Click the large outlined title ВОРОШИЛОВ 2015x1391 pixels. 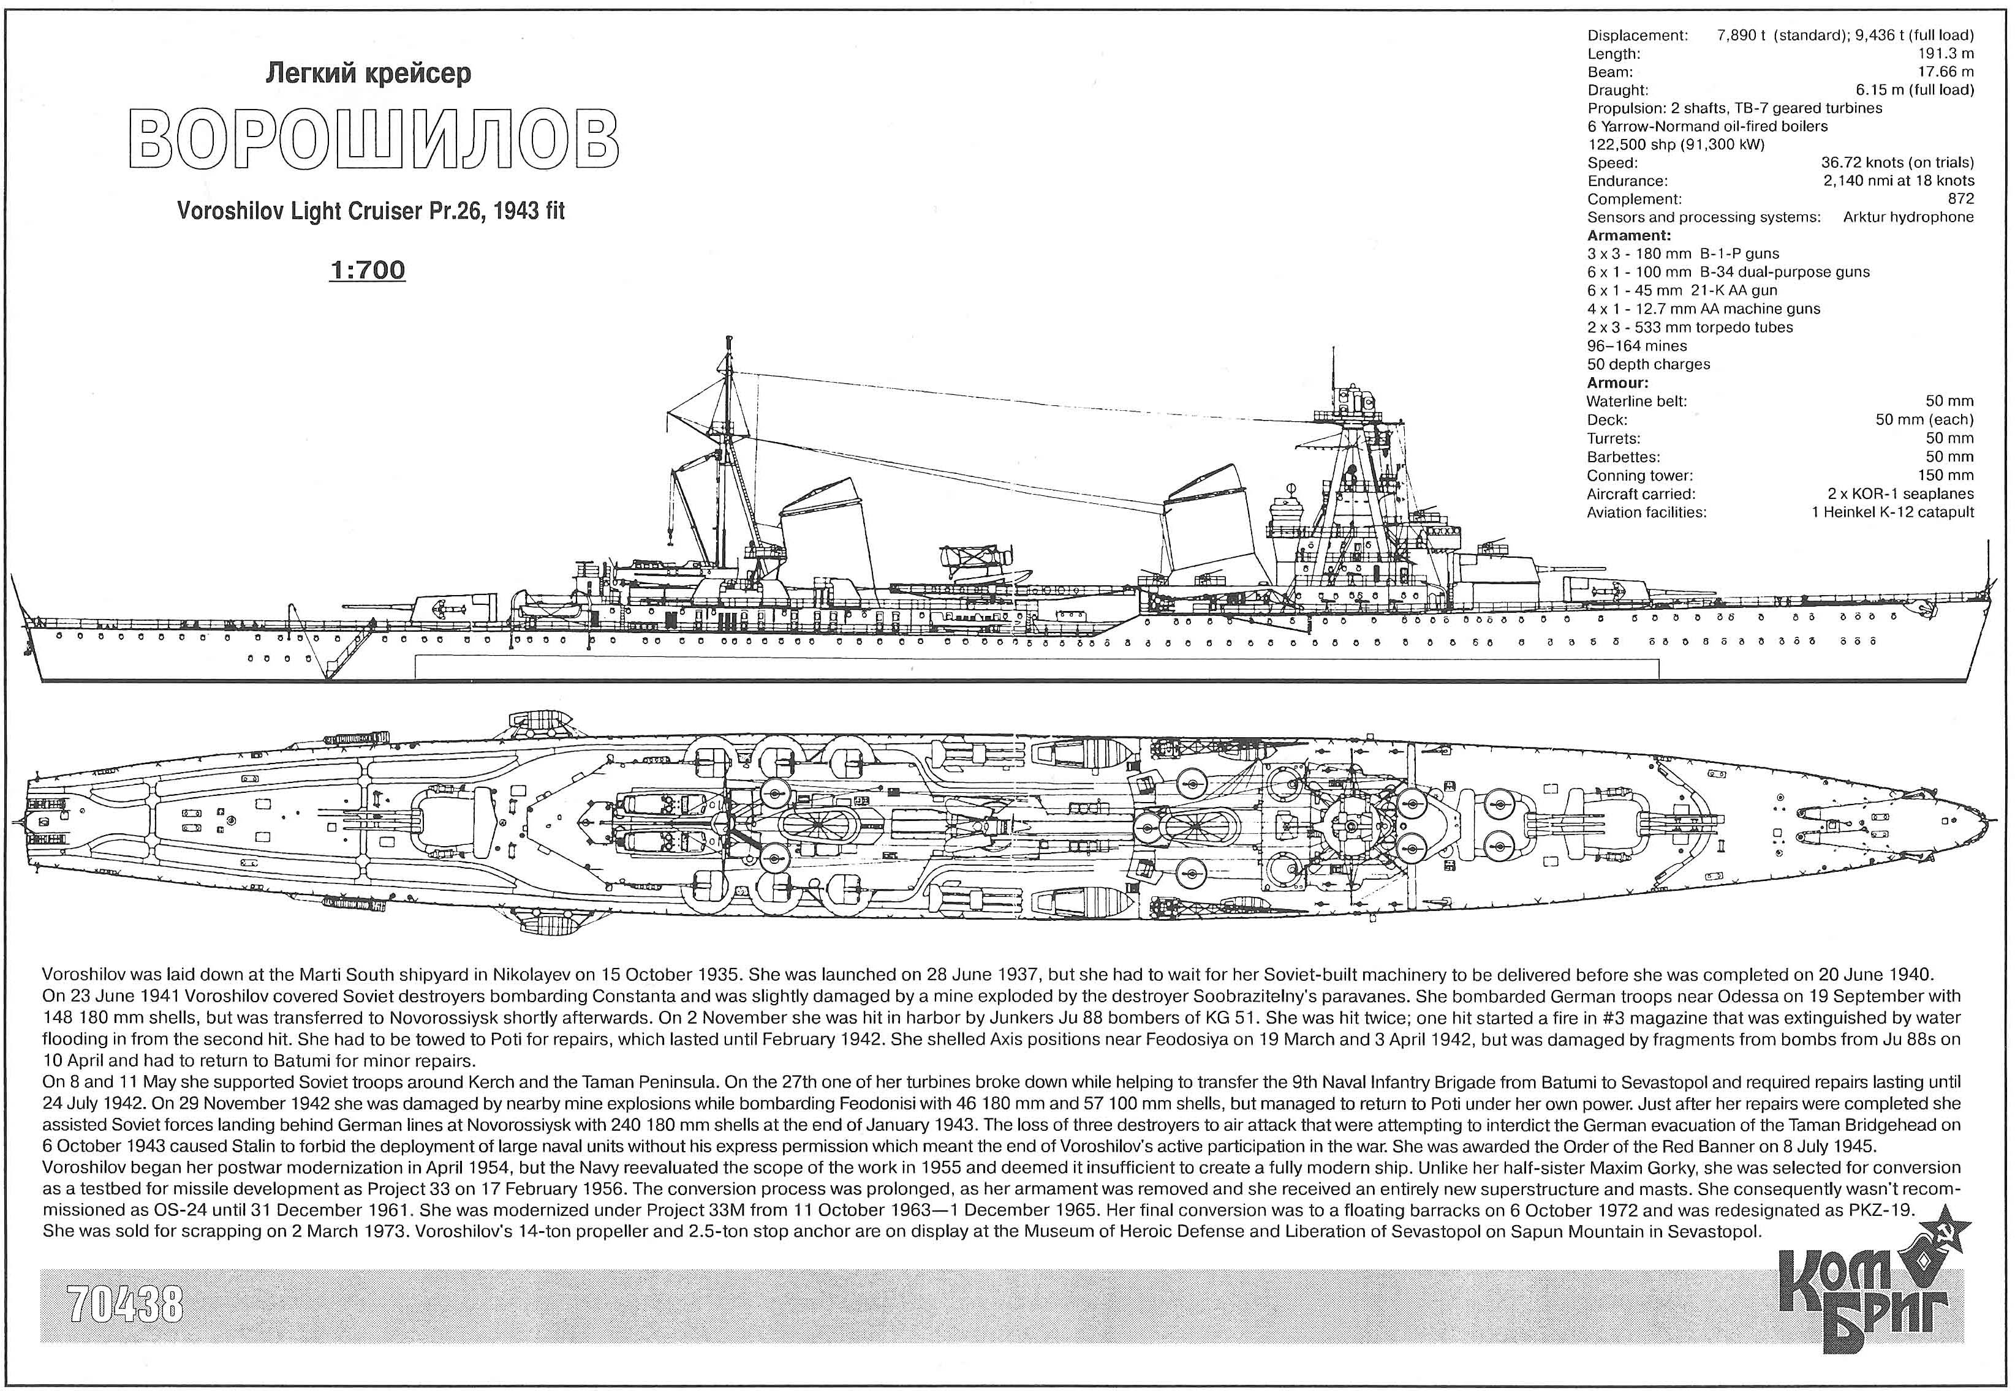tap(372, 140)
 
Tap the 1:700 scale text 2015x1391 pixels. tap(367, 270)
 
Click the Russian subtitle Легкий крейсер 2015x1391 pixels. tap(368, 73)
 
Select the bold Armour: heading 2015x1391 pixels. tap(1617, 383)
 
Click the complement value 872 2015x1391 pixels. tap(1961, 199)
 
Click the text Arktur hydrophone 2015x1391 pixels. tap(1908, 217)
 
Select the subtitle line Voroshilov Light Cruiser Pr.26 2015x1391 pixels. tap(330, 212)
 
